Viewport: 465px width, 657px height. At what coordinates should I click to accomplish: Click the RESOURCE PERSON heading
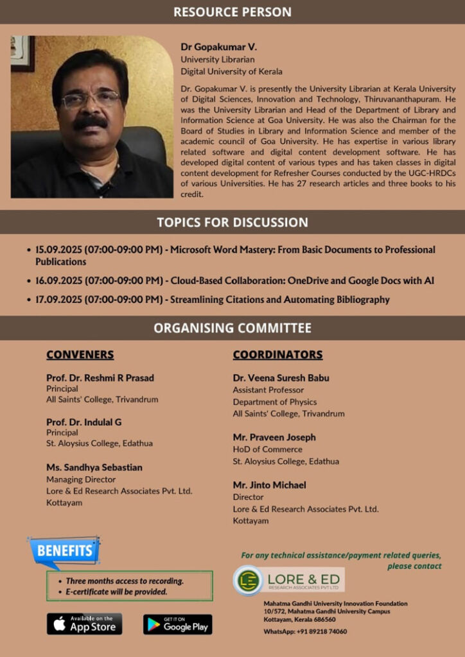pyautogui.click(x=232, y=12)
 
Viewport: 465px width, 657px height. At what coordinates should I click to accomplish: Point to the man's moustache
pyautogui.click(x=90, y=121)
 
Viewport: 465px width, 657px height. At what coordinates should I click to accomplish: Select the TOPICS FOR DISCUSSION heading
pyautogui.click(x=232, y=222)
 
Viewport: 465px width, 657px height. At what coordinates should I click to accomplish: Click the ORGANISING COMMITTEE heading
pyautogui.click(x=232, y=328)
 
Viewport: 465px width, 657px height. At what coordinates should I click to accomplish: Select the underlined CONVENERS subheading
pyautogui.click(x=80, y=355)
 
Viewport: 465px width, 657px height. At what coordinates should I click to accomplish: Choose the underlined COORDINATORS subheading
pyautogui.click(x=277, y=355)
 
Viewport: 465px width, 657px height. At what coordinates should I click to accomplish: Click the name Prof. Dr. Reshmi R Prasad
pyautogui.click(x=100, y=377)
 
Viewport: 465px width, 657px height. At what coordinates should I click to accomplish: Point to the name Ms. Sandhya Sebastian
pyautogui.click(x=94, y=467)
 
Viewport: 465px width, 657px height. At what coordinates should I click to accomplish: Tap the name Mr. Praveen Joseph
pyautogui.click(x=274, y=437)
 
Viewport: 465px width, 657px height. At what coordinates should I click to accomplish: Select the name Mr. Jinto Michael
pyautogui.click(x=269, y=484)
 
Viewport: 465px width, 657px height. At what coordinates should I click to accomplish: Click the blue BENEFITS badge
pyautogui.click(x=64, y=550)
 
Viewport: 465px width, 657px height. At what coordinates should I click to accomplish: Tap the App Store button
pyautogui.click(x=84, y=624)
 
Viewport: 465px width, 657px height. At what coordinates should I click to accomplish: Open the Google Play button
pyautogui.click(x=177, y=624)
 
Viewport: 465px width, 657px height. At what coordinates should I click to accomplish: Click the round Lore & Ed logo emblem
pyautogui.click(x=247, y=580)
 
